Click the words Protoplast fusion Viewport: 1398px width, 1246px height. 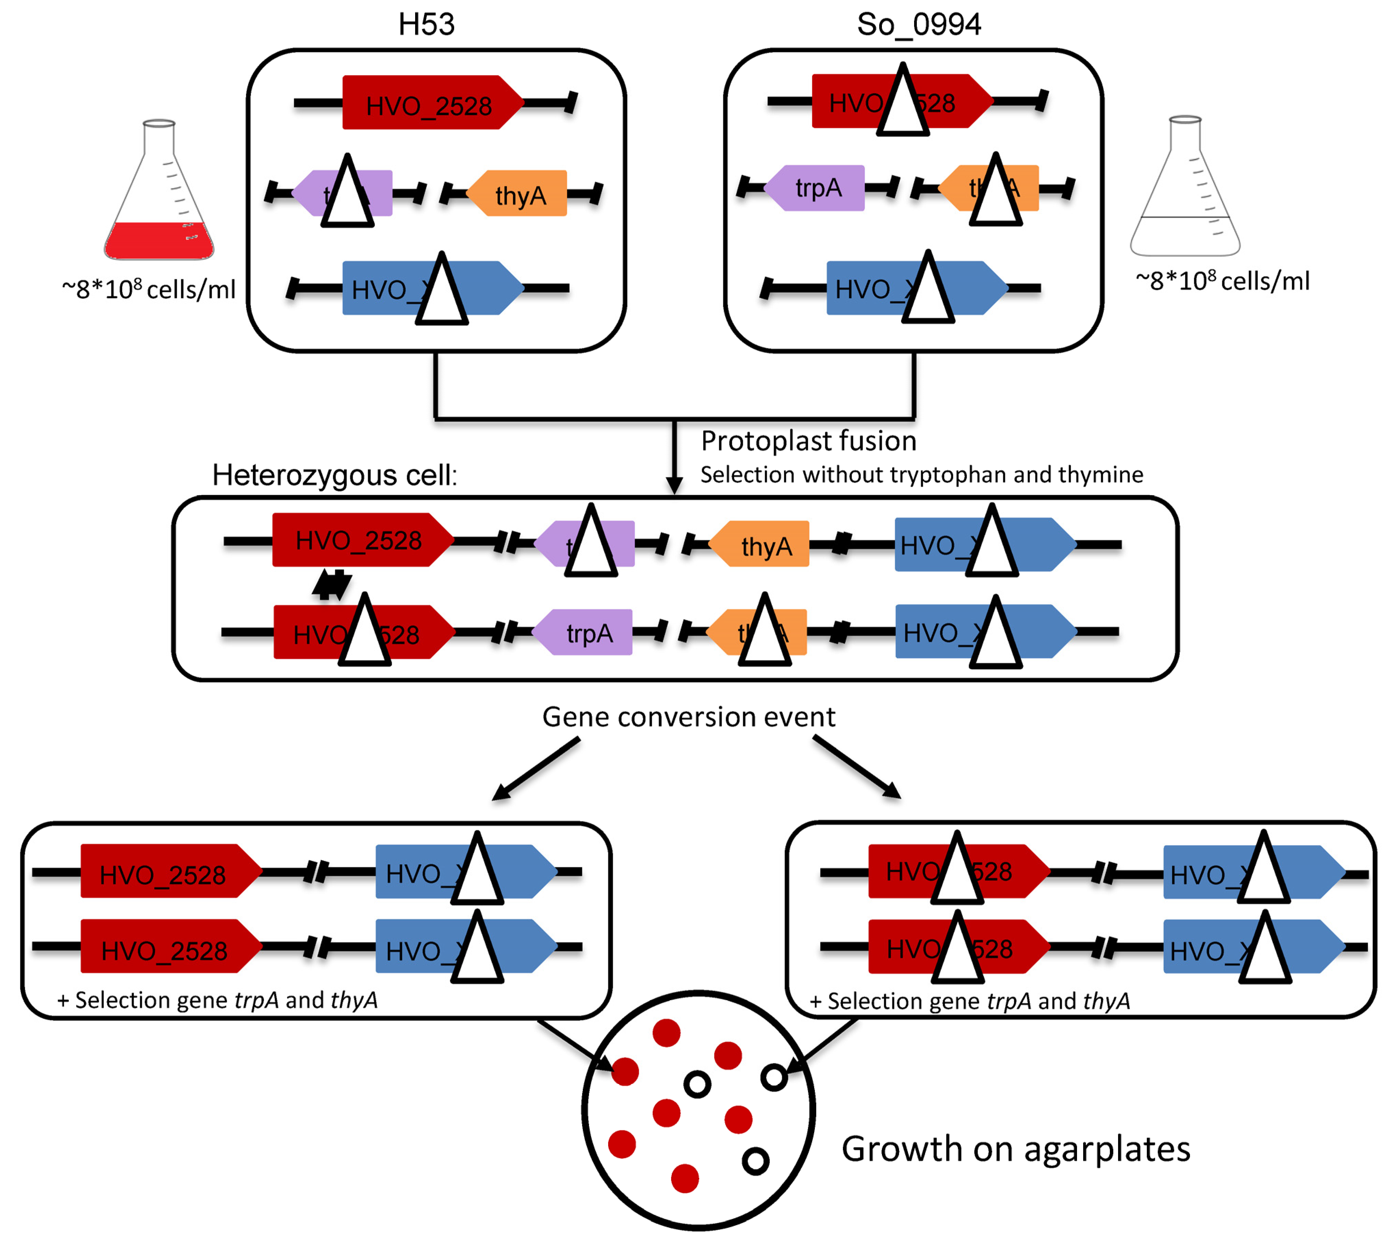808,441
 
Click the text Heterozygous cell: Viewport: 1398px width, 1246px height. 334,474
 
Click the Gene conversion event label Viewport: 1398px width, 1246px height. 689,717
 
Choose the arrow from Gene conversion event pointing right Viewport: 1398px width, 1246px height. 857,767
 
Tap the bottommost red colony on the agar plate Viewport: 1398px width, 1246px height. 684,1178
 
